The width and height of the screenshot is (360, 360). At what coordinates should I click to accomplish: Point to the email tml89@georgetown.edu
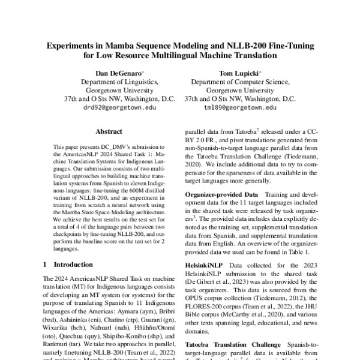pyautogui.click(x=239, y=108)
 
